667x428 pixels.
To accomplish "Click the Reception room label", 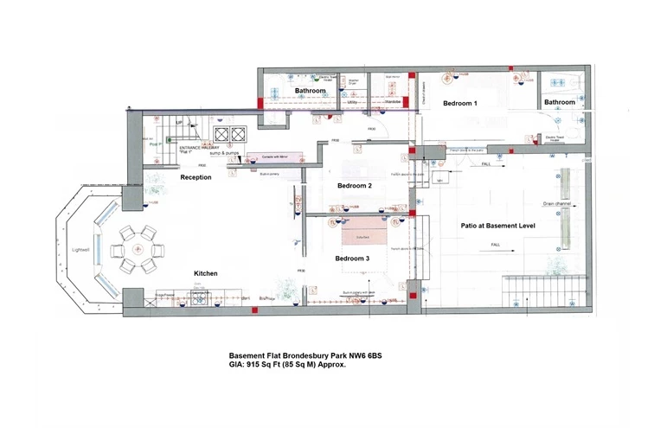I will click(196, 177).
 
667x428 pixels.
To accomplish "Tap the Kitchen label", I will click(205, 273).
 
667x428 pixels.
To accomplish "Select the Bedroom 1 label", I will click(460, 103).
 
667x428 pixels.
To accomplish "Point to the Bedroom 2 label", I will click(354, 186).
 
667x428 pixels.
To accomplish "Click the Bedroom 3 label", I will click(352, 259).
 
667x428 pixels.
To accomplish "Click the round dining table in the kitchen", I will click(136, 248).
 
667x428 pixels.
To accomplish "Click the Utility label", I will click(352, 103).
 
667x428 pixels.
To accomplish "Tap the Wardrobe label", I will click(392, 103).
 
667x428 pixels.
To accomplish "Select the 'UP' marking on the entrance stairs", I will click(179, 124).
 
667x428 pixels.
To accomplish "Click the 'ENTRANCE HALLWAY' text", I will click(199, 148).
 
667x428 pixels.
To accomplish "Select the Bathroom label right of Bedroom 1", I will click(559, 103).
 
